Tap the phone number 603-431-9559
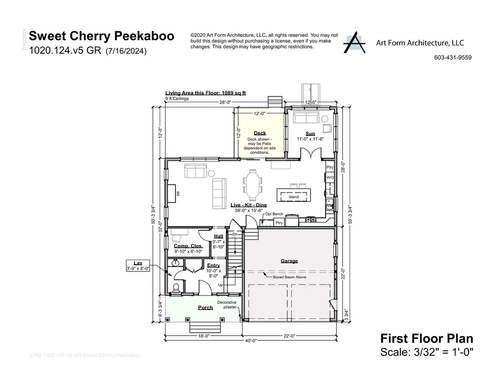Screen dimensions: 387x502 coord(452,57)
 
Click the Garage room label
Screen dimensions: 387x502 coord(289,261)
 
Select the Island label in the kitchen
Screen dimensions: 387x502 coord(293,197)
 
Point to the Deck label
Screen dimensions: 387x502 coord(260,133)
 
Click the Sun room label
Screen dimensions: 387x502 coord(310,133)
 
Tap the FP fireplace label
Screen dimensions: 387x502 coord(178,193)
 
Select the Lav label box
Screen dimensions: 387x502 coord(138,266)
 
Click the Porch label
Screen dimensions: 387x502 coord(205,308)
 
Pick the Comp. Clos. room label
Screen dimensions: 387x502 coord(188,246)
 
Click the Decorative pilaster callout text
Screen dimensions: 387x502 coord(227,305)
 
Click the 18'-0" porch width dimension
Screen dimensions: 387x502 coord(202,336)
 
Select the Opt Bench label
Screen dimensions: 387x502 coord(274,214)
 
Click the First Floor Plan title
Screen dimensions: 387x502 coord(427,339)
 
